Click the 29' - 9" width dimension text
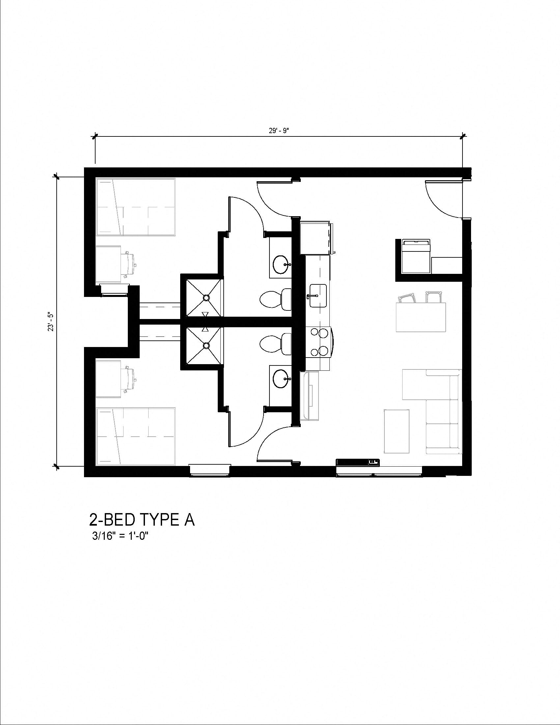[x=279, y=131]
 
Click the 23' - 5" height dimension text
[x=50, y=321]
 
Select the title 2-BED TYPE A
[x=142, y=520]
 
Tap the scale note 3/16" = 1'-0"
[x=120, y=536]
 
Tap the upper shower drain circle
[x=206, y=298]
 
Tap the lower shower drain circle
[x=206, y=346]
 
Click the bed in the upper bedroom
[x=135, y=208]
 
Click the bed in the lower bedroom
[x=135, y=437]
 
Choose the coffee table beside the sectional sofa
[x=396, y=431]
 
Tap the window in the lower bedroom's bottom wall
[x=209, y=471]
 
